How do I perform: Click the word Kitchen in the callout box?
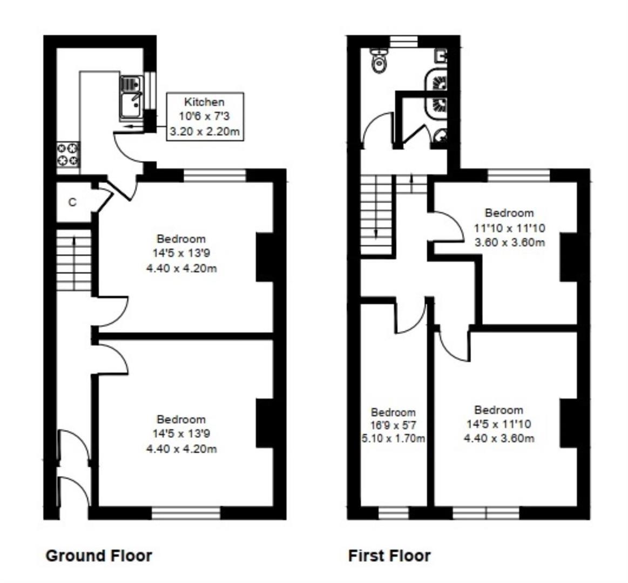coord(204,102)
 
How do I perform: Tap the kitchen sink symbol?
coord(131,98)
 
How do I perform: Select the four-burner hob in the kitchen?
coord(68,153)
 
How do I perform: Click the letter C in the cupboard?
coord(72,202)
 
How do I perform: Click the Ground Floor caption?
coord(99,555)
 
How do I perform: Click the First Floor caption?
coord(389,555)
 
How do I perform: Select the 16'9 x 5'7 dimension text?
coord(393,425)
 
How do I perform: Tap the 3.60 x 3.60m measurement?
coord(509,242)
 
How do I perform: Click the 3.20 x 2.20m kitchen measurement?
coord(204,131)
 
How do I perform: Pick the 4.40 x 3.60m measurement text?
coord(499,438)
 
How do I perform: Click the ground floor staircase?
coord(73,263)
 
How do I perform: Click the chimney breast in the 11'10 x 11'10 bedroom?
coord(567,257)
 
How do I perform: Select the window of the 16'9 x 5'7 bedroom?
coord(393,513)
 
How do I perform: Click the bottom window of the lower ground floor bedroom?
coord(186,513)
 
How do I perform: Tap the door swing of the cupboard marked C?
coord(103,199)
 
